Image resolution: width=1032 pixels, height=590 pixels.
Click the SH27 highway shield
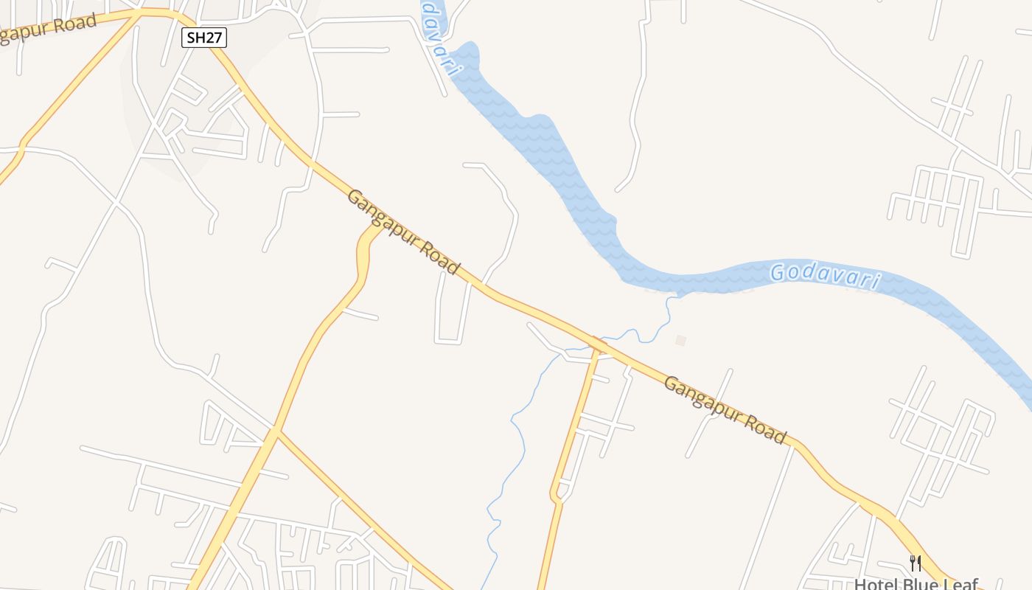204,38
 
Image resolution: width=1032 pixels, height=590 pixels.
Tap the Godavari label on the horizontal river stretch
826,276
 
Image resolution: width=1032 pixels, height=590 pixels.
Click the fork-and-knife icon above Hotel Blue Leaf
916,563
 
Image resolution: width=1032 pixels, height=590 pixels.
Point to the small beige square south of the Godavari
681,340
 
